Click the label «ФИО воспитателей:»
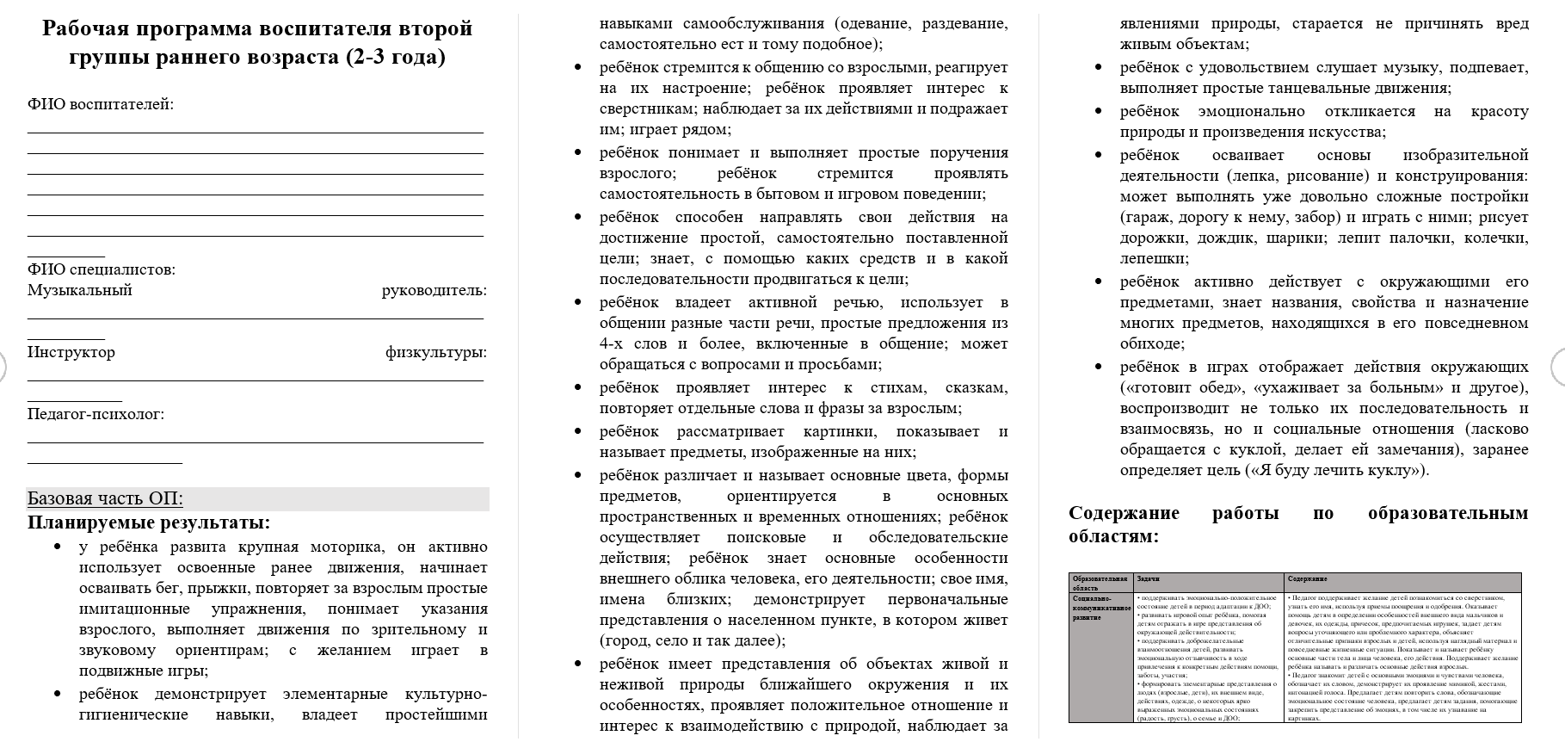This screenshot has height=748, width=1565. pos(101,104)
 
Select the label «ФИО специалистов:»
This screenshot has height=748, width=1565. pos(102,269)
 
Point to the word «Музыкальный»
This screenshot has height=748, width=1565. pos(80,290)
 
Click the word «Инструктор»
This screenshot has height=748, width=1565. pos(71,352)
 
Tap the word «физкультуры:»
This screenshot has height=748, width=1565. pos(435,352)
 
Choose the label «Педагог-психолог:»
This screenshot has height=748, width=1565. pos(96,414)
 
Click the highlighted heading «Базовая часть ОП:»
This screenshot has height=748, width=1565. pos(105,499)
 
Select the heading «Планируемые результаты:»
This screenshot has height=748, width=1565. pos(149,522)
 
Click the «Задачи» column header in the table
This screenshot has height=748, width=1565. pos(1147,579)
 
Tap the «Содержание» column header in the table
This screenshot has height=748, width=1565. pos(1307,579)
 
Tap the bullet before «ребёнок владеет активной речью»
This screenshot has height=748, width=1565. pos(579,303)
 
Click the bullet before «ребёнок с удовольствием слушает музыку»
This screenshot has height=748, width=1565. pos(1100,68)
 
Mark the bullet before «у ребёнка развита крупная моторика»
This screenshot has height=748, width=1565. pos(59,547)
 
